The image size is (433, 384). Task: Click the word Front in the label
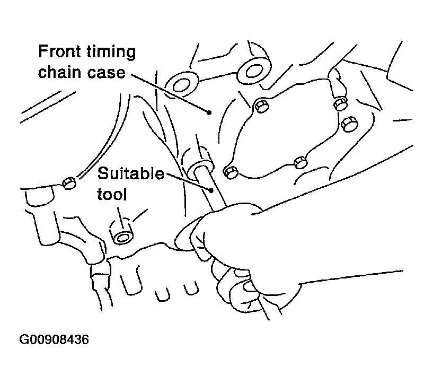click(x=59, y=51)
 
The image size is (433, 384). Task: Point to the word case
click(x=107, y=73)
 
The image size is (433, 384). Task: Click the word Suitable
click(x=130, y=173)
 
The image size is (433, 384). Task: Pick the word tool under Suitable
click(x=112, y=194)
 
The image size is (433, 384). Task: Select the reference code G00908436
click(x=54, y=339)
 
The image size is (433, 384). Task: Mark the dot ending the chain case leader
click(x=209, y=112)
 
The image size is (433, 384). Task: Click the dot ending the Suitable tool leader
click(x=211, y=190)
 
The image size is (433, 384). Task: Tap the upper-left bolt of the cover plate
click(x=261, y=106)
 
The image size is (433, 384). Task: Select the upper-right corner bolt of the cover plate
click(x=340, y=104)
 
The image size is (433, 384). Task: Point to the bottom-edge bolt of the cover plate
click(x=300, y=162)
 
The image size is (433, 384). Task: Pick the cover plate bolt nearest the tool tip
click(x=231, y=172)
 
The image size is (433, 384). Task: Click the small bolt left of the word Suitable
click(x=69, y=182)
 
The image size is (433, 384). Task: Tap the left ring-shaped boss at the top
click(x=182, y=84)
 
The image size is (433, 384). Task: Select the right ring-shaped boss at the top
click(x=254, y=71)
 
